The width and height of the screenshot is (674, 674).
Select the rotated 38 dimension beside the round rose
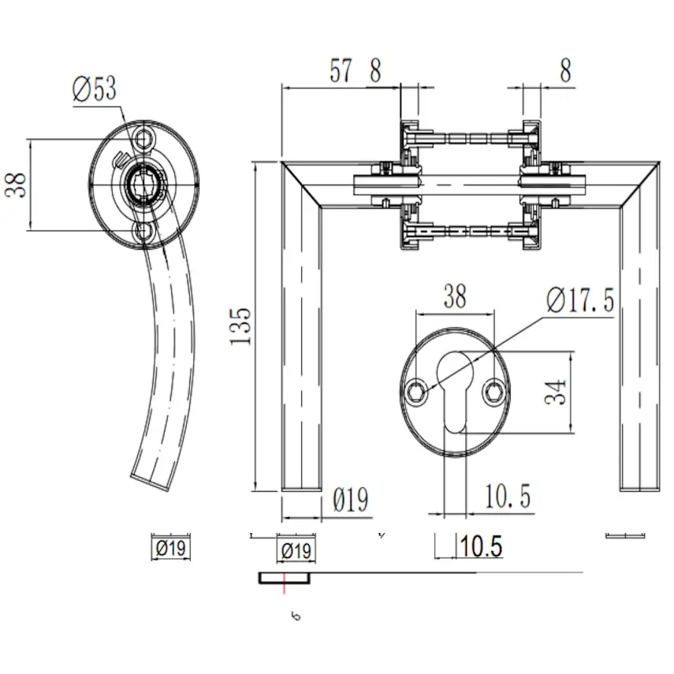(x=17, y=186)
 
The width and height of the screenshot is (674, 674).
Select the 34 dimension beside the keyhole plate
(x=556, y=392)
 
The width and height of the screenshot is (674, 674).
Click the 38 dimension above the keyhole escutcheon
(x=455, y=296)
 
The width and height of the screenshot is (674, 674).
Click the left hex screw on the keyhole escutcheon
(x=416, y=391)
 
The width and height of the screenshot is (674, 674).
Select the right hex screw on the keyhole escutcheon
(x=493, y=391)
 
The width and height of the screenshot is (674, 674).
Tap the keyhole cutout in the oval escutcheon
(x=454, y=390)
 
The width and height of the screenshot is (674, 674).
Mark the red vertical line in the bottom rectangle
(x=283, y=584)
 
